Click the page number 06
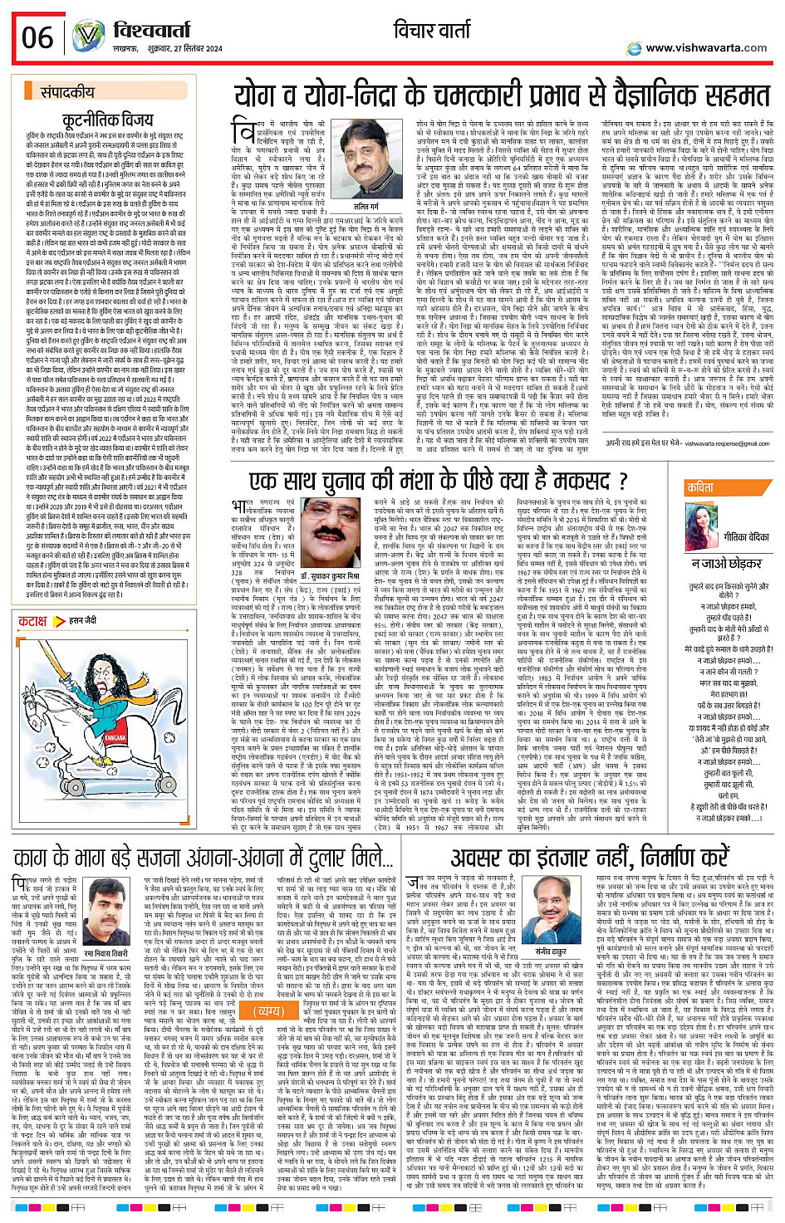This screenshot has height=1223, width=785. [37, 37]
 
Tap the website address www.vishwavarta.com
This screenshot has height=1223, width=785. [705, 48]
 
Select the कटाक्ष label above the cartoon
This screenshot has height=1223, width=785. [33, 620]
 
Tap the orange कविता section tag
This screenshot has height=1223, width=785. [700, 488]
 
